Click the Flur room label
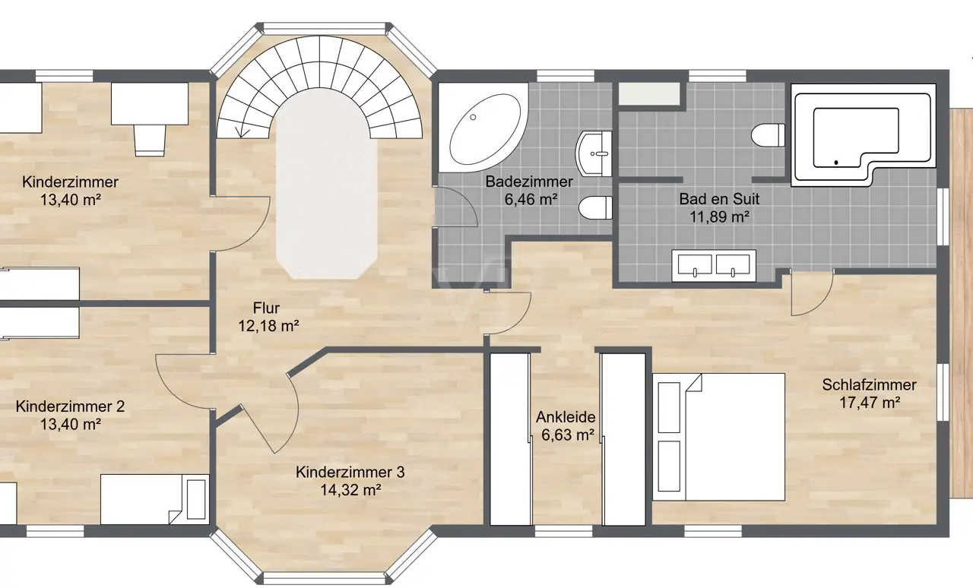tap(266, 308)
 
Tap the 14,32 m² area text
tap(350, 490)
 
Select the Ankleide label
tap(566, 417)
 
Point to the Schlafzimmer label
tap(869, 384)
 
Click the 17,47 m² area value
tap(869, 403)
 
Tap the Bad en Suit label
tap(719, 199)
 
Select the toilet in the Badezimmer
tap(595, 207)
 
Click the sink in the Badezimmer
tap(594, 153)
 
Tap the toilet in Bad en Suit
tap(768, 135)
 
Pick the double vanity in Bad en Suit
tap(714, 266)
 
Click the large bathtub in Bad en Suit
tap(864, 135)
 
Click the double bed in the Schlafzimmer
tap(719, 437)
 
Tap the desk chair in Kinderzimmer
tap(150, 140)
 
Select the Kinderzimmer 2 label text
tap(70, 406)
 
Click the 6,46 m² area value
tap(531, 199)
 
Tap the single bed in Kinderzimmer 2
tap(154, 499)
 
